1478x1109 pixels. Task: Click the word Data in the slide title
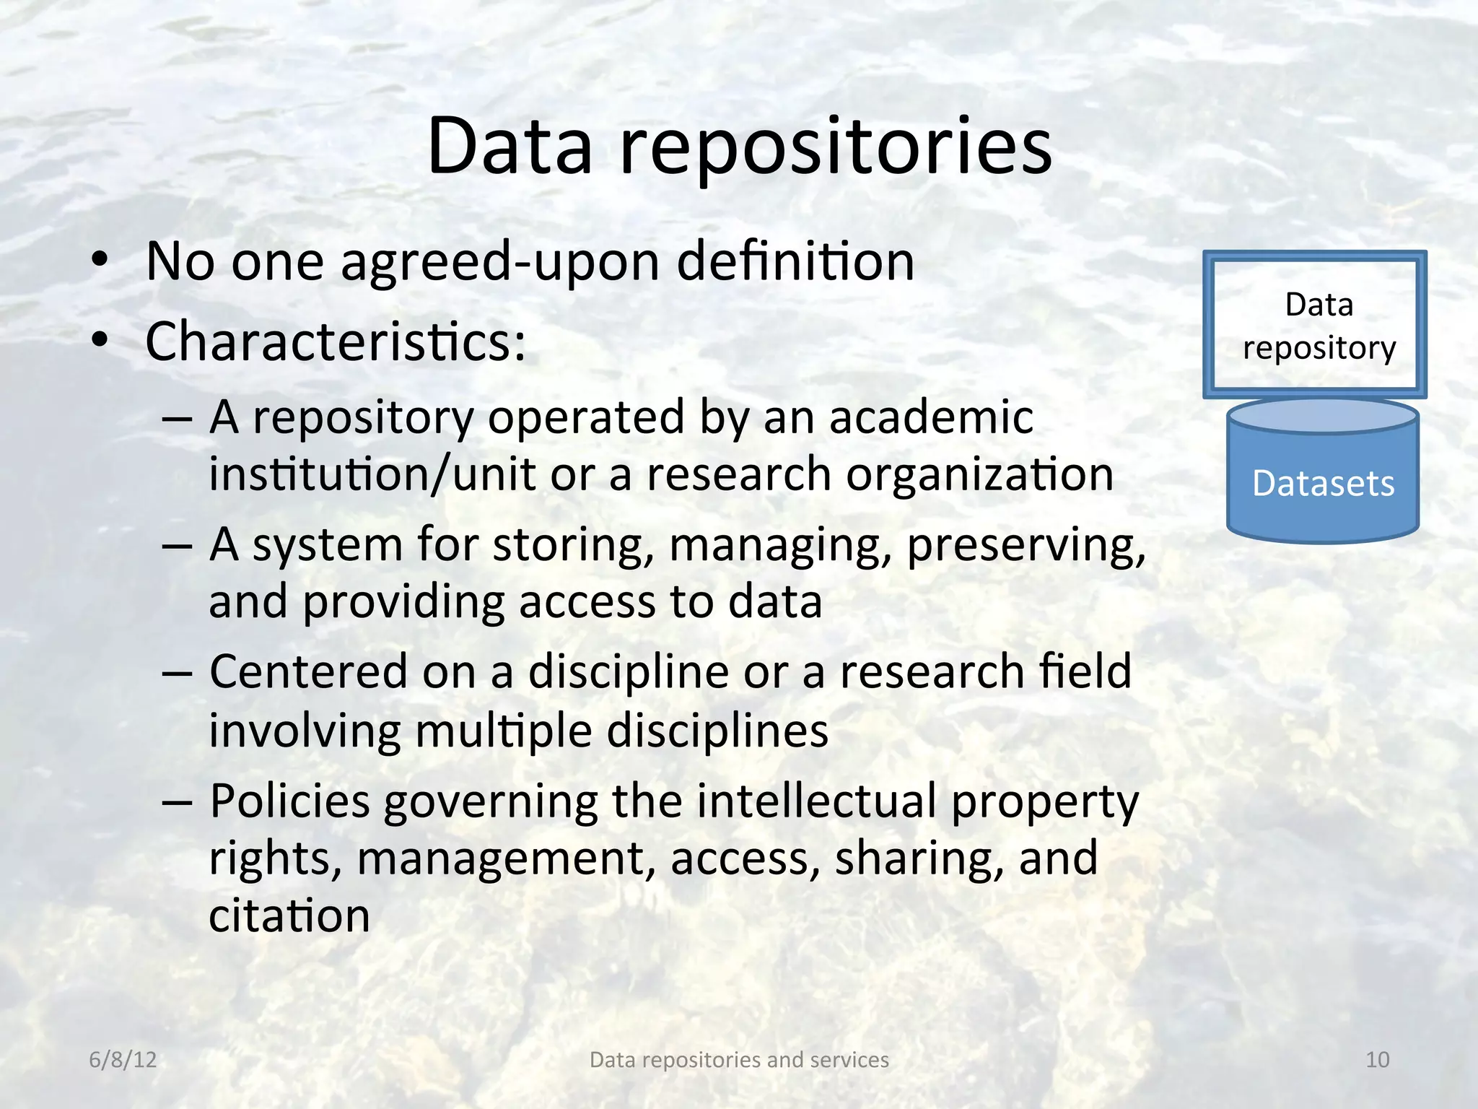[510, 147]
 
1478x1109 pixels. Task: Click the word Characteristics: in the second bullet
[336, 342]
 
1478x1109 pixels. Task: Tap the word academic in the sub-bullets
[931, 417]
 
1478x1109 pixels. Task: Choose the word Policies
[289, 801]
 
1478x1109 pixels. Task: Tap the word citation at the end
[289, 916]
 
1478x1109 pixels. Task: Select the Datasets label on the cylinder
[1323, 484]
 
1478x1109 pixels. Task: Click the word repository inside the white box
[1319, 349]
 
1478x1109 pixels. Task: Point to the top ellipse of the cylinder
[1323, 416]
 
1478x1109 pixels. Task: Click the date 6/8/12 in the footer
[123, 1059]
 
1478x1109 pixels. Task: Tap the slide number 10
[1377, 1059]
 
